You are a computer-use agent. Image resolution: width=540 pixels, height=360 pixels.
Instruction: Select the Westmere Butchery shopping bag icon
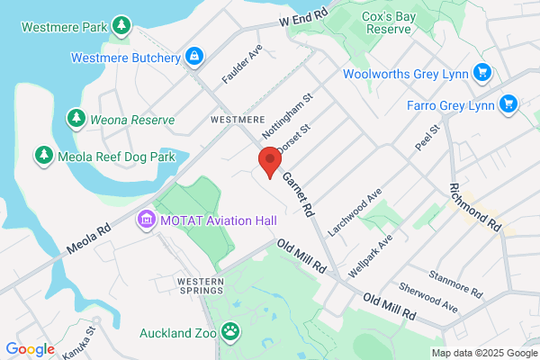[x=193, y=58]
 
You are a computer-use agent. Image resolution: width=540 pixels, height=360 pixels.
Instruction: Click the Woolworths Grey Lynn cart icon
[x=482, y=72]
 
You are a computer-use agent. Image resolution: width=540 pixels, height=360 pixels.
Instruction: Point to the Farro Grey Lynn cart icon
[x=508, y=103]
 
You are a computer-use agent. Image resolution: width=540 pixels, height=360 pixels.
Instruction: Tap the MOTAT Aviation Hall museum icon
[x=145, y=219]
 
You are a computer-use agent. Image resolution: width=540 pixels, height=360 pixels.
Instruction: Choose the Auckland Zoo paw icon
[x=232, y=332]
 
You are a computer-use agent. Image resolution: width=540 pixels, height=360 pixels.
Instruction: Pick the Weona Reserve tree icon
[x=78, y=119]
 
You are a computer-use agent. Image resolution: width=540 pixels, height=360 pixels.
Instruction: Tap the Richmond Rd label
[x=474, y=208]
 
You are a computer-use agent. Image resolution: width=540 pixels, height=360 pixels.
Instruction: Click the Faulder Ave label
[x=241, y=59]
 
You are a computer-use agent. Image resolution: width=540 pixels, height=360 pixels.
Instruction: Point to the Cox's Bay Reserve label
[x=388, y=22]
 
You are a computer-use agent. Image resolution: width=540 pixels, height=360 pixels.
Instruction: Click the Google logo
[x=30, y=348]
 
